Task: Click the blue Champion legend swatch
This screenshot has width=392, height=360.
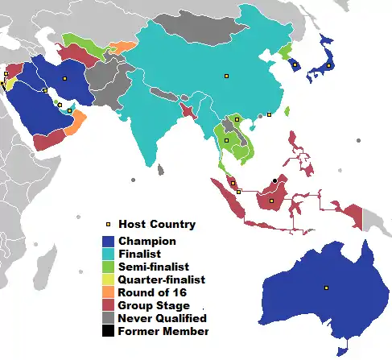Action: [108, 241]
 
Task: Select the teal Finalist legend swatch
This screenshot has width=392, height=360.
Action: [108, 254]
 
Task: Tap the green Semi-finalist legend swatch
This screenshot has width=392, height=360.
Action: [108, 267]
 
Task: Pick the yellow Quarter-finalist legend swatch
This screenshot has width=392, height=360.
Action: [108, 279]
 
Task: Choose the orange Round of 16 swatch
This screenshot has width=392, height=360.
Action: [108, 292]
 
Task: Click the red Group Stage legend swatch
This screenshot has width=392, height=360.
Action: [108, 305]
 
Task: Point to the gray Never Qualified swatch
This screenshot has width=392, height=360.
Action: [108, 318]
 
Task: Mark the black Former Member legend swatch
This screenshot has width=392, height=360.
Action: [108, 331]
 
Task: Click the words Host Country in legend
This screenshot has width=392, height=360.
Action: [157, 224]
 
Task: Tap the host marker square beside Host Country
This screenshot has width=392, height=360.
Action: [108, 225]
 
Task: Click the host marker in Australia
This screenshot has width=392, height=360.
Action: [326, 288]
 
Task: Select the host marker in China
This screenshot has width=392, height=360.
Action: [226, 76]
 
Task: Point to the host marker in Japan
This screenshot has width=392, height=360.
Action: [329, 66]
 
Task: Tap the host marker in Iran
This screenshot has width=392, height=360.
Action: [64, 78]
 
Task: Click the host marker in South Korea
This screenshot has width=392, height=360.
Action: [295, 64]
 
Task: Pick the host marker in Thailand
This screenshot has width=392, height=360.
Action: [226, 140]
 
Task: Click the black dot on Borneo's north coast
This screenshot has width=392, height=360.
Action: [275, 180]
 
